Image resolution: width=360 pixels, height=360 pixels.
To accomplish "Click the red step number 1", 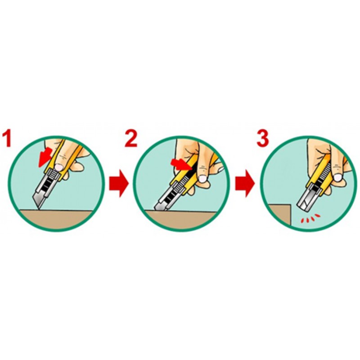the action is pyautogui.click(x=6, y=139).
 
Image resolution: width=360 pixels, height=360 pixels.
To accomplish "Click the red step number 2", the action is pyautogui.click(x=131, y=139).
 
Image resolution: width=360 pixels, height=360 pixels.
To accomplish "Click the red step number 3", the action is pyautogui.click(x=263, y=139).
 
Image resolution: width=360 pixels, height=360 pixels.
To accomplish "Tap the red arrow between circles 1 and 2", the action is pyautogui.click(x=119, y=184).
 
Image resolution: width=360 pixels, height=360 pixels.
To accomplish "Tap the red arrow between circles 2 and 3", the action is pyautogui.click(x=245, y=184).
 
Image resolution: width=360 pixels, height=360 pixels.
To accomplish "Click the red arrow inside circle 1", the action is pyautogui.click(x=45, y=157).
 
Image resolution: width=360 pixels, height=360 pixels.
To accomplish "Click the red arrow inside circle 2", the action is pyautogui.click(x=181, y=164).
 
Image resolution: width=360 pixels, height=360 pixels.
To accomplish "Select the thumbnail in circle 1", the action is pyautogui.click(x=59, y=167).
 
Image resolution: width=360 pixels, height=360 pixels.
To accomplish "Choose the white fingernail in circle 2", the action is pyautogui.click(x=203, y=179).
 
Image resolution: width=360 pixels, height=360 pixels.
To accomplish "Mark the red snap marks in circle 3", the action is pyautogui.click(x=310, y=218).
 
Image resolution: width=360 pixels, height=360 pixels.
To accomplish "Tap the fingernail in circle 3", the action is pyautogui.click(x=337, y=177).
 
